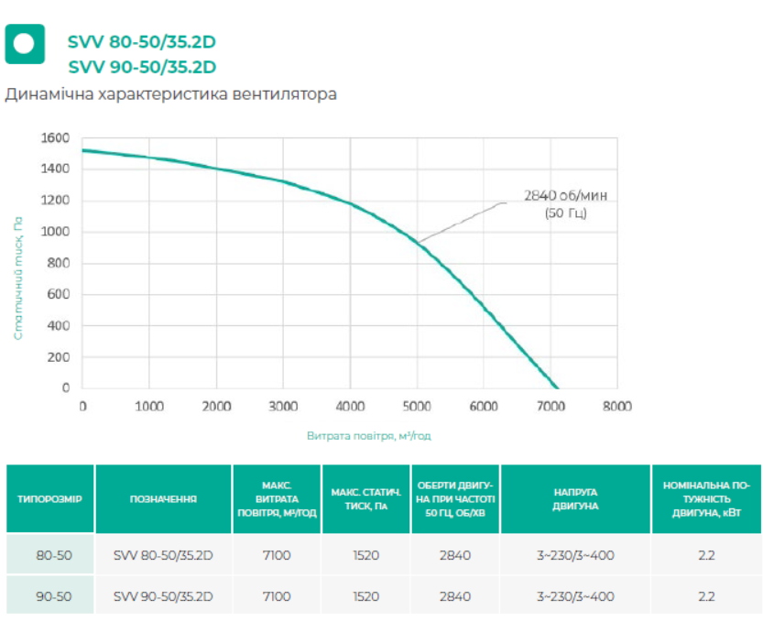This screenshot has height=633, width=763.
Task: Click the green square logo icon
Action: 25,43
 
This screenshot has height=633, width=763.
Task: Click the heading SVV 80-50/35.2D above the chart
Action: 142,41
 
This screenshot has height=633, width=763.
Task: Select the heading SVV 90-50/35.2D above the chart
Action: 142,66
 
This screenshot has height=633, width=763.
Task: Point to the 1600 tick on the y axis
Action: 55,138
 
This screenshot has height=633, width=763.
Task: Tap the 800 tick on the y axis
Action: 59,263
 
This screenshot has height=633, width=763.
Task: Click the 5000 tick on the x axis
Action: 417,406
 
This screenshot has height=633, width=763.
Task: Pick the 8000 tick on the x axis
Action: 616,406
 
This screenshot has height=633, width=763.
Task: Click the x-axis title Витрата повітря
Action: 368,436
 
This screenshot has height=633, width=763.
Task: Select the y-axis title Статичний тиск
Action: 17,278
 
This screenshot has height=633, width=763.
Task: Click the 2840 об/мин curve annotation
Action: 565,203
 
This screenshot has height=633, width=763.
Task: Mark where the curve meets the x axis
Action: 555,387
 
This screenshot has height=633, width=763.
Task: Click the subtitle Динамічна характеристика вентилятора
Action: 171,94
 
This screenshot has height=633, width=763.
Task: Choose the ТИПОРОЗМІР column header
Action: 50,499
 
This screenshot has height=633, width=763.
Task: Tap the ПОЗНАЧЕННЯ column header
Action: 162,499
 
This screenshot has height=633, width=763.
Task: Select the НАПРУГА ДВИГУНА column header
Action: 575,499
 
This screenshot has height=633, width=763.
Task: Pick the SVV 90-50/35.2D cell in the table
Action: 162,596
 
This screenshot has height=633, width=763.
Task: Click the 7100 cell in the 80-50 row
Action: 276,555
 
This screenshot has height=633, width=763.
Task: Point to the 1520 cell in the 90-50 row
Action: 365,596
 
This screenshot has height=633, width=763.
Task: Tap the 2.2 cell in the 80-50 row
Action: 704,555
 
